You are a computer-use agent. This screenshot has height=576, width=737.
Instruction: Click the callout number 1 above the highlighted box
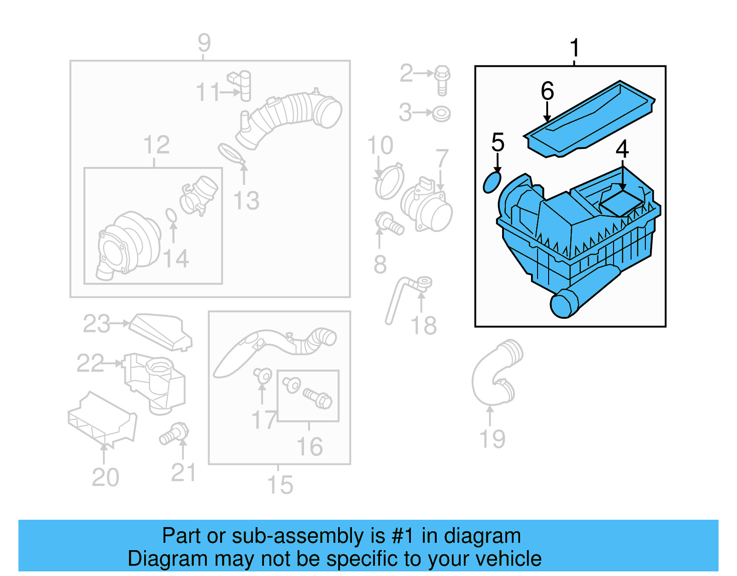click(x=574, y=48)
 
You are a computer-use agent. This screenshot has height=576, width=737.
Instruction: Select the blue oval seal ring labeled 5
click(x=491, y=182)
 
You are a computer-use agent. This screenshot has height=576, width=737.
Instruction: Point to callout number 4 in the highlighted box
click(x=622, y=149)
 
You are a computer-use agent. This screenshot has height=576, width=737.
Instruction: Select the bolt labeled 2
click(x=442, y=79)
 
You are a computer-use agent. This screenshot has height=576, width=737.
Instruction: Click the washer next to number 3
click(x=441, y=113)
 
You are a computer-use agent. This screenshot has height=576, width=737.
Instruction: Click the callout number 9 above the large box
click(x=204, y=43)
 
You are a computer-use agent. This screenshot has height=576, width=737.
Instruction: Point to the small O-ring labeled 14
click(x=171, y=215)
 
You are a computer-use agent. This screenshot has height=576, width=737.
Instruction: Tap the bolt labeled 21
click(x=175, y=434)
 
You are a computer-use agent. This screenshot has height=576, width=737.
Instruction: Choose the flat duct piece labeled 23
click(x=161, y=332)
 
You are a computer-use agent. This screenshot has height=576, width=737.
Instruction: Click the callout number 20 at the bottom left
click(x=105, y=477)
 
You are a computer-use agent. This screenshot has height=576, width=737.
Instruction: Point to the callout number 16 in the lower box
click(x=309, y=446)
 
